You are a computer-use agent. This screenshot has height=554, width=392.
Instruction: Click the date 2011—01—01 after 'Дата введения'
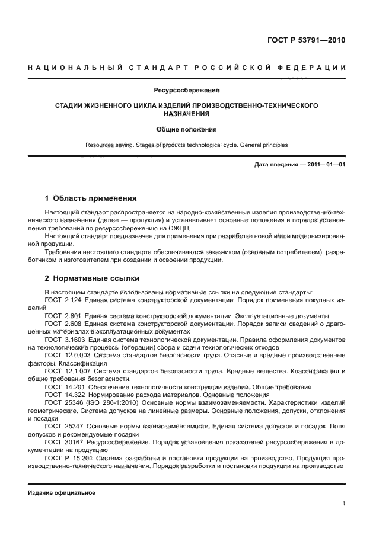click(326, 165)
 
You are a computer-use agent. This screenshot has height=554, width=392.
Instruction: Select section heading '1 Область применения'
click(91, 198)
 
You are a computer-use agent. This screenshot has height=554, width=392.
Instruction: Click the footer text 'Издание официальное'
click(62, 493)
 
